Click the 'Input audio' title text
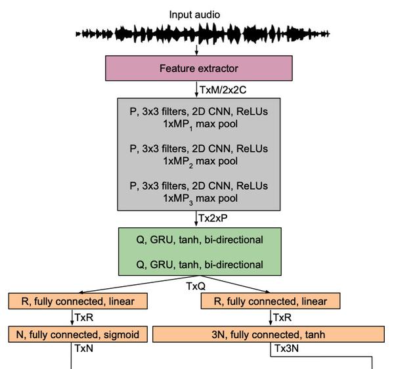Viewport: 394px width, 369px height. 194,14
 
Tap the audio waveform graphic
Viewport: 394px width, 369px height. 203,33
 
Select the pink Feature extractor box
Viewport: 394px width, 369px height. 199,68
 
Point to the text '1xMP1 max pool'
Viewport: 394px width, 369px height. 199,123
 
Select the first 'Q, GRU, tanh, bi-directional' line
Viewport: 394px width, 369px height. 199,240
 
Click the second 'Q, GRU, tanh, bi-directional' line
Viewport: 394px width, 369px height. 199,265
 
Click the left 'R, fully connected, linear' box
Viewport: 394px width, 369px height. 77,301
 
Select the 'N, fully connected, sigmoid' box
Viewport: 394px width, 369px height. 77,334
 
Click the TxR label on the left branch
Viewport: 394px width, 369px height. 84,318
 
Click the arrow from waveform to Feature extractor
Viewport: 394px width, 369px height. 196,50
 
